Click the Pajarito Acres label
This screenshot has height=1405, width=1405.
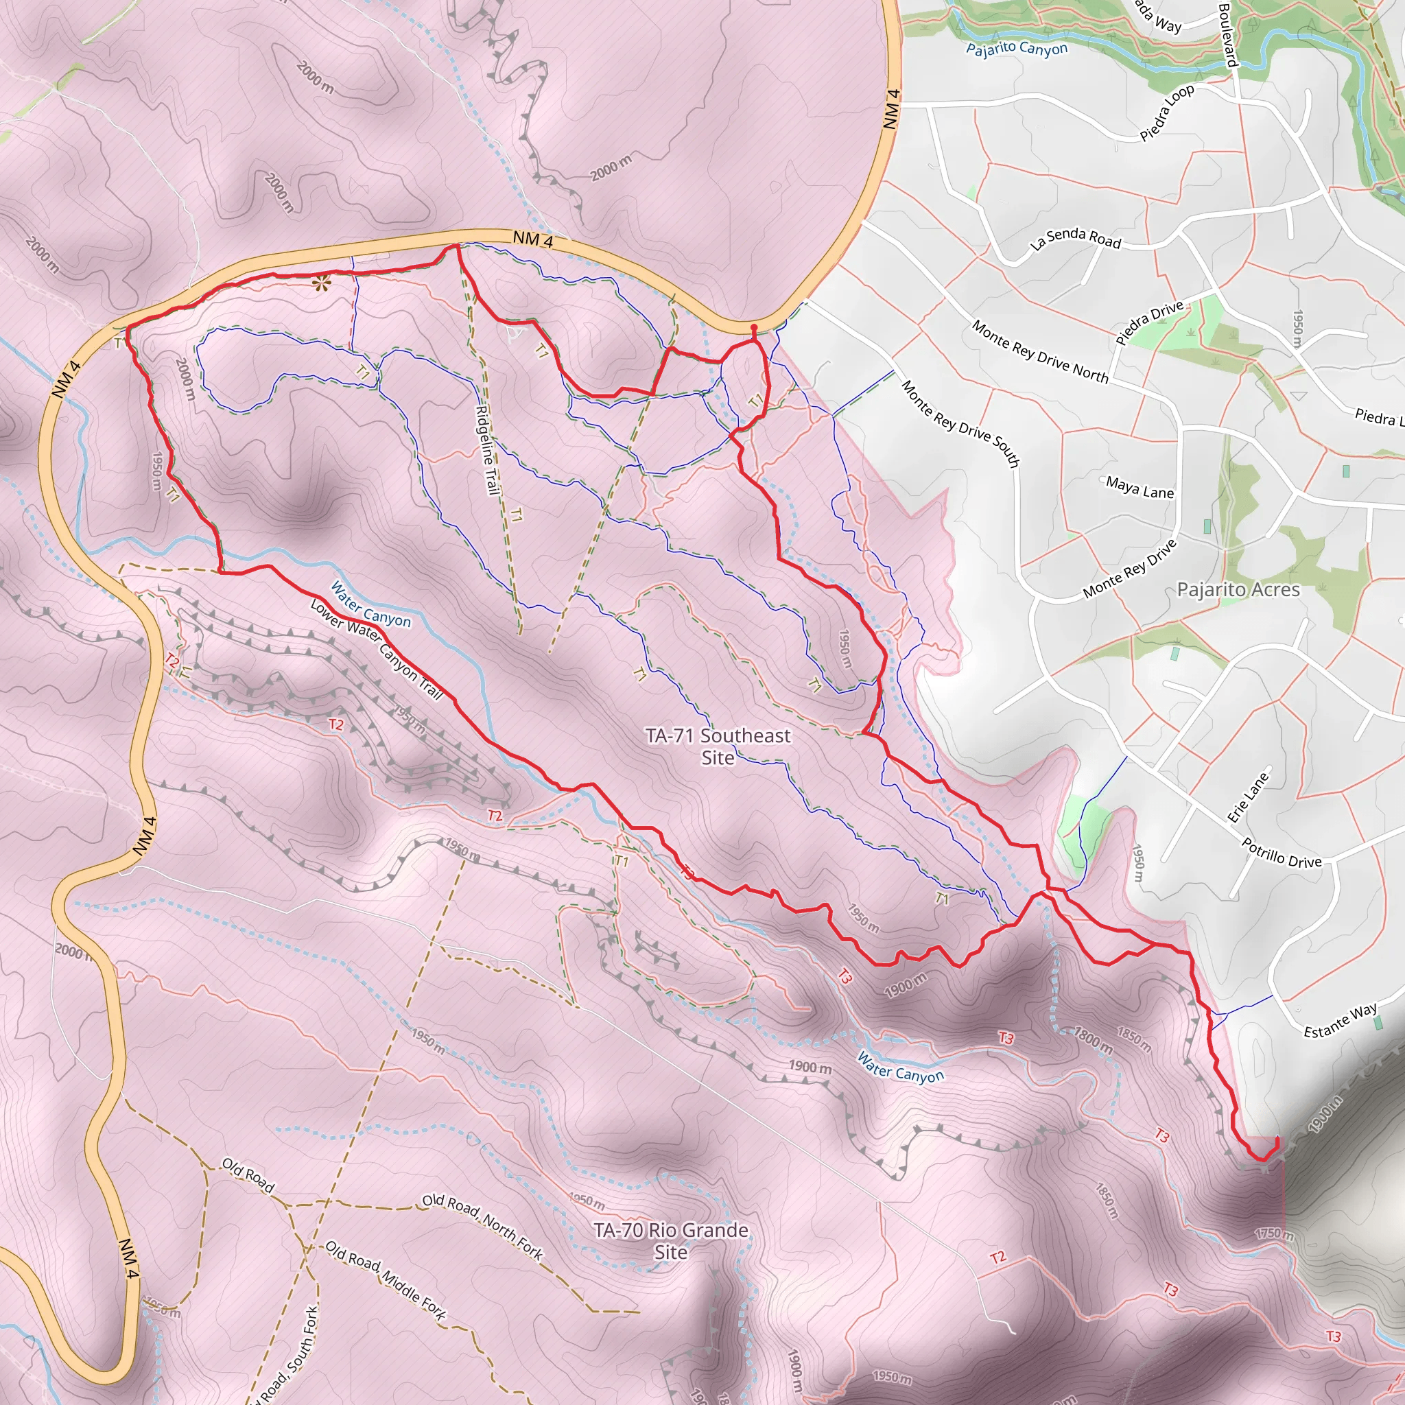(x=1238, y=589)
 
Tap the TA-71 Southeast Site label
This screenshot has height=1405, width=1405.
(x=718, y=746)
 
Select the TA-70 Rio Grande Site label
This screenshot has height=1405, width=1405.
(x=670, y=1240)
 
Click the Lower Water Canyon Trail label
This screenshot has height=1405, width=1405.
(x=376, y=650)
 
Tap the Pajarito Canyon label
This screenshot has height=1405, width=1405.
(x=1017, y=49)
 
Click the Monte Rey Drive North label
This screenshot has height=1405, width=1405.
(x=1040, y=352)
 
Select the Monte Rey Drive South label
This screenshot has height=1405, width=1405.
(x=960, y=423)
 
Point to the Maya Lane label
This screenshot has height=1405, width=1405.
(x=1140, y=487)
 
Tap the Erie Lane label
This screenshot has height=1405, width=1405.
(x=1248, y=797)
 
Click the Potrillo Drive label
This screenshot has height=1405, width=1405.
(x=1282, y=852)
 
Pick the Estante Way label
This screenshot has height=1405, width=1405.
(x=1341, y=1020)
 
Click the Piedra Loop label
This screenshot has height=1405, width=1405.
(x=1166, y=113)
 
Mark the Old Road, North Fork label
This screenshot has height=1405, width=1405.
(x=483, y=1225)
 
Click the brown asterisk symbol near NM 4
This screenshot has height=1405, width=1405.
(x=320, y=283)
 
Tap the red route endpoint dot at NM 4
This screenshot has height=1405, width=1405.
(x=753, y=329)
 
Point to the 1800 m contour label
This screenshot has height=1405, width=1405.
(x=1093, y=1040)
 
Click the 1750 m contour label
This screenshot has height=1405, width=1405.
(x=1274, y=1234)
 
